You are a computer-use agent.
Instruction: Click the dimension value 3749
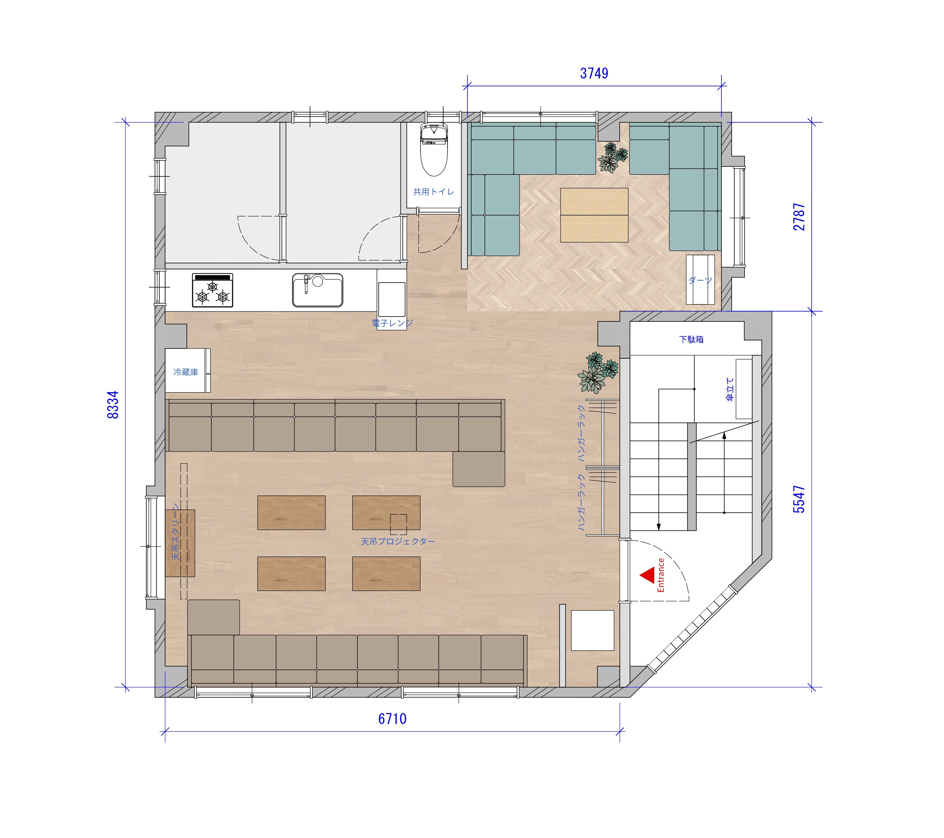click(594, 73)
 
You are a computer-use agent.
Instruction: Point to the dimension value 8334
click(113, 405)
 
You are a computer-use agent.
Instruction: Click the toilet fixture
click(434, 150)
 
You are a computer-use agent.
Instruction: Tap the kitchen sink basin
click(318, 290)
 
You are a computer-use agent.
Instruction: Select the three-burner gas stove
click(213, 290)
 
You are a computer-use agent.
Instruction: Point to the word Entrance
click(661, 575)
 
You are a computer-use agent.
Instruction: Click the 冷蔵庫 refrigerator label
click(186, 372)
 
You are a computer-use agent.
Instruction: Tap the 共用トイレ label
click(434, 192)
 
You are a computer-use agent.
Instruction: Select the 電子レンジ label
click(392, 323)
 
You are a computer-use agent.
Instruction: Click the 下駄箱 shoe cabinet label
click(691, 340)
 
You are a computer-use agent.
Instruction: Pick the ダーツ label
click(700, 280)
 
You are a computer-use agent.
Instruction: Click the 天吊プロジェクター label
click(398, 541)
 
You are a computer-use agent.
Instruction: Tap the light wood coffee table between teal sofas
click(594, 215)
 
